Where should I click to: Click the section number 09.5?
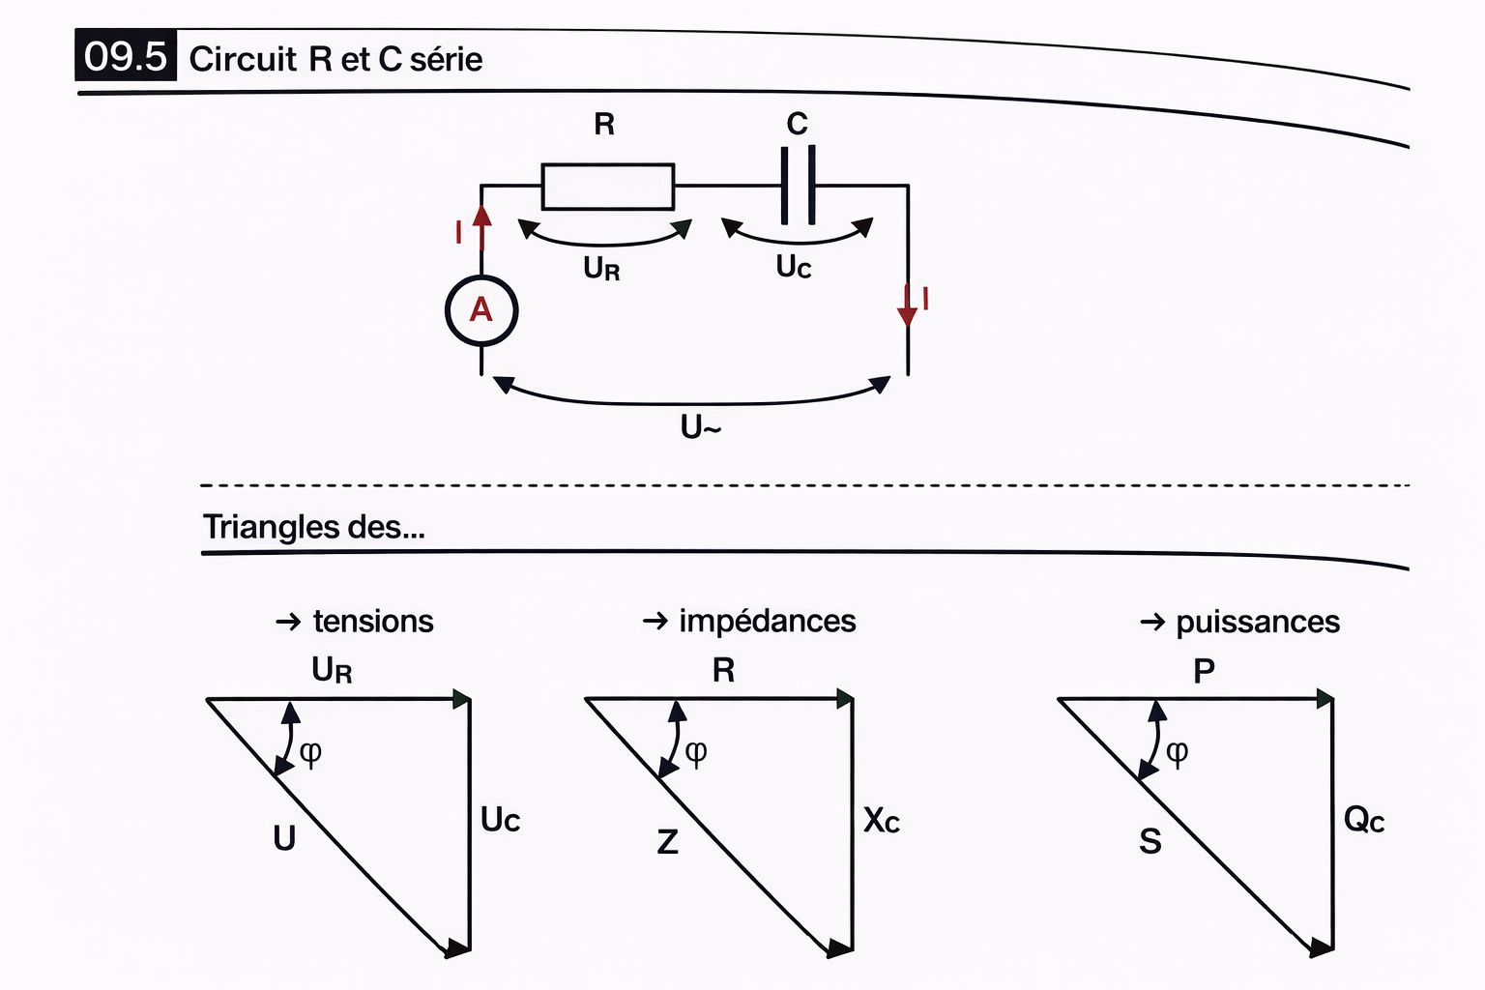click(x=125, y=56)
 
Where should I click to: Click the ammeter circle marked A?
click(x=481, y=310)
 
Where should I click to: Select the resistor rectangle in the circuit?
click(x=607, y=186)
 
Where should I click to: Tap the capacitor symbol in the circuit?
click(x=798, y=185)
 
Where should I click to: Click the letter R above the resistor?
click(x=604, y=124)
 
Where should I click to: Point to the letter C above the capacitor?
click(x=797, y=124)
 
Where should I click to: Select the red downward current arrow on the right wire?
click(x=907, y=307)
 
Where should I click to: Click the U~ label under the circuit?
click(x=701, y=426)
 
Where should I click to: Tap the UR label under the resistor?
click(x=601, y=268)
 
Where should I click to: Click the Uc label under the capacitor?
click(x=794, y=266)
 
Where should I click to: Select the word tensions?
click(x=373, y=621)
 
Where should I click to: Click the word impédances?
click(x=767, y=621)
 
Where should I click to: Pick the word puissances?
click(x=1258, y=622)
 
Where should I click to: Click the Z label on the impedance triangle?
click(x=667, y=842)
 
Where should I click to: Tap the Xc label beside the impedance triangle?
click(x=881, y=821)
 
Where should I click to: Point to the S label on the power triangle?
click(x=1150, y=841)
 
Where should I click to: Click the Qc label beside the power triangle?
click(x=1363, y=821)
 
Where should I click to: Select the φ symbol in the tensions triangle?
click(x=310, y=752)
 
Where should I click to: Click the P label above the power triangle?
click(x=1204, y=670)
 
